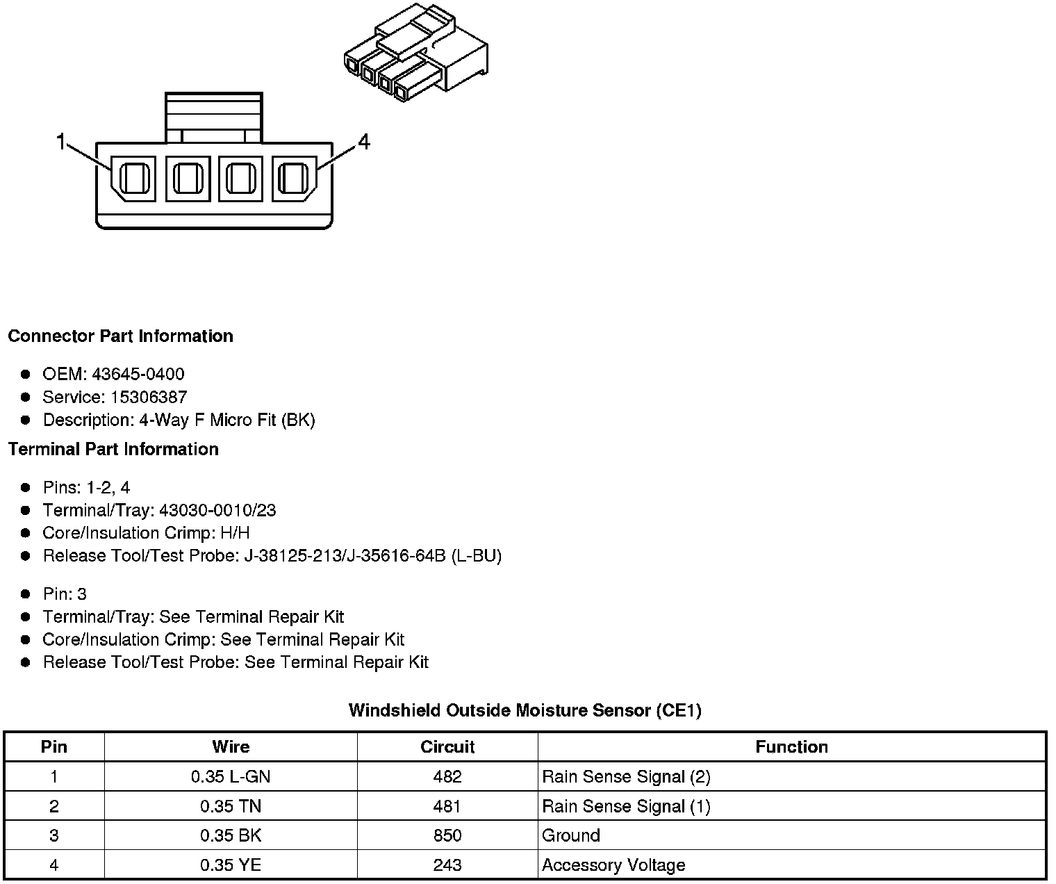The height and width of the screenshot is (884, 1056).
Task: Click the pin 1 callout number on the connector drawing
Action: tap(60, 142)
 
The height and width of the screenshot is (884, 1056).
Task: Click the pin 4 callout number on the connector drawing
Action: tap(364, 142)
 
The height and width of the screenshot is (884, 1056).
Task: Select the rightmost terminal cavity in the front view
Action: tap(293, 179)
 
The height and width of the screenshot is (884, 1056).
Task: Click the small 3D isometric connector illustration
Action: tap(416, 56)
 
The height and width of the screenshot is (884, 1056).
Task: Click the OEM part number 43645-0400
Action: tap(138, 375)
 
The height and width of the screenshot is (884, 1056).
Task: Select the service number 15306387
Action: tap(149, 398)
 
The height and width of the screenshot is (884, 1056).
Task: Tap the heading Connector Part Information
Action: tap(120, 336)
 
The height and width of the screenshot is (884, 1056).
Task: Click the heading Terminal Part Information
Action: tap(113, 450)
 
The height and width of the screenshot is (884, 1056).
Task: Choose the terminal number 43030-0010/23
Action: tap(217, 511)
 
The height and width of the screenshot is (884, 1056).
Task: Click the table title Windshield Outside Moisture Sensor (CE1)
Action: tap(525, 710)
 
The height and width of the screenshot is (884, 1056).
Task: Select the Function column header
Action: tap(791, 747)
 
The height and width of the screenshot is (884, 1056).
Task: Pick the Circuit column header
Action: tap(447, 747)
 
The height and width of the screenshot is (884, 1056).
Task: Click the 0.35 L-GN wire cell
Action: tap(231, 777)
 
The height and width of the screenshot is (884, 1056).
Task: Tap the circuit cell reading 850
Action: tap(447, 835)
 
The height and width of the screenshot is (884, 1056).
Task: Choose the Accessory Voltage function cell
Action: tap(613, 865)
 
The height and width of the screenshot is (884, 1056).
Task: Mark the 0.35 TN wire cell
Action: tap(231, 806)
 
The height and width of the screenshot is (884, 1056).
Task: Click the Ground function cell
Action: tap(571, 835)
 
